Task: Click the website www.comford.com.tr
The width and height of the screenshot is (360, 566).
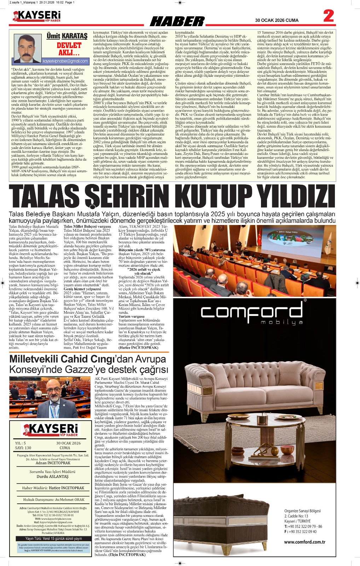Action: coord(304,542)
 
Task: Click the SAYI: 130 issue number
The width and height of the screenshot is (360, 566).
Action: coord(23,448)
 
